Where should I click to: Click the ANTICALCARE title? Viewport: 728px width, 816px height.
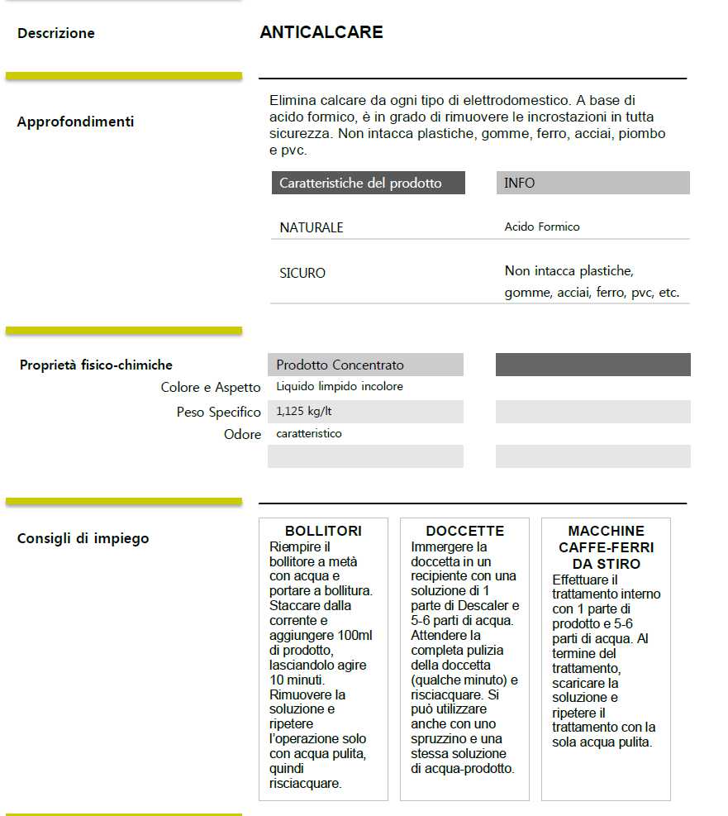tap(321, 32)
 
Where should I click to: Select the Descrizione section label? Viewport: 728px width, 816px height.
tap(56, 34)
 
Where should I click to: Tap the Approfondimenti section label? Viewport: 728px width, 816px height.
tap(75, 122)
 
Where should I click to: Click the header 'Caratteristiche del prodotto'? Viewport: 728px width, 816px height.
tap(360, 184)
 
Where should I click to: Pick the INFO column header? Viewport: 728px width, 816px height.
tap(520, 184)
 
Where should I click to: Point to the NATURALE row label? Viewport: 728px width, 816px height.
tap(312, 227)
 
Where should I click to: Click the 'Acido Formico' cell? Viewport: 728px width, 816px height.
tap(542, 227)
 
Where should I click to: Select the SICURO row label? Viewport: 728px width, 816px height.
tap(302, 273)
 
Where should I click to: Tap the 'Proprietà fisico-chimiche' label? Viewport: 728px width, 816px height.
tap(96, 365)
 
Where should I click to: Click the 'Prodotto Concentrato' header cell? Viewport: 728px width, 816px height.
tap(340, 365)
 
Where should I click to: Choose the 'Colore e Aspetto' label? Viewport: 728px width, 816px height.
tap(211, 388)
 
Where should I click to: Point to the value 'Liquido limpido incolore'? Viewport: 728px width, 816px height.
tap(340, 386)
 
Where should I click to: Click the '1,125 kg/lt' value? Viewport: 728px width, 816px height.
tap(305, 411)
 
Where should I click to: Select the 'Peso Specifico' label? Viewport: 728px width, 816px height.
tap(219, 412)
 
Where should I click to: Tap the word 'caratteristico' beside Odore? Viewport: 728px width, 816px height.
tap(309, 433)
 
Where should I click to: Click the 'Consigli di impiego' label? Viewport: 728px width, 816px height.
tap(83, 538)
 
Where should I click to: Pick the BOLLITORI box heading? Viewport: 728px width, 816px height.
tap(323, 531)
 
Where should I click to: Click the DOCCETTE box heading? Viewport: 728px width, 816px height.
tap(464, 531)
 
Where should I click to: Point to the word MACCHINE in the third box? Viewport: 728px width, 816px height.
tap(606, 531)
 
